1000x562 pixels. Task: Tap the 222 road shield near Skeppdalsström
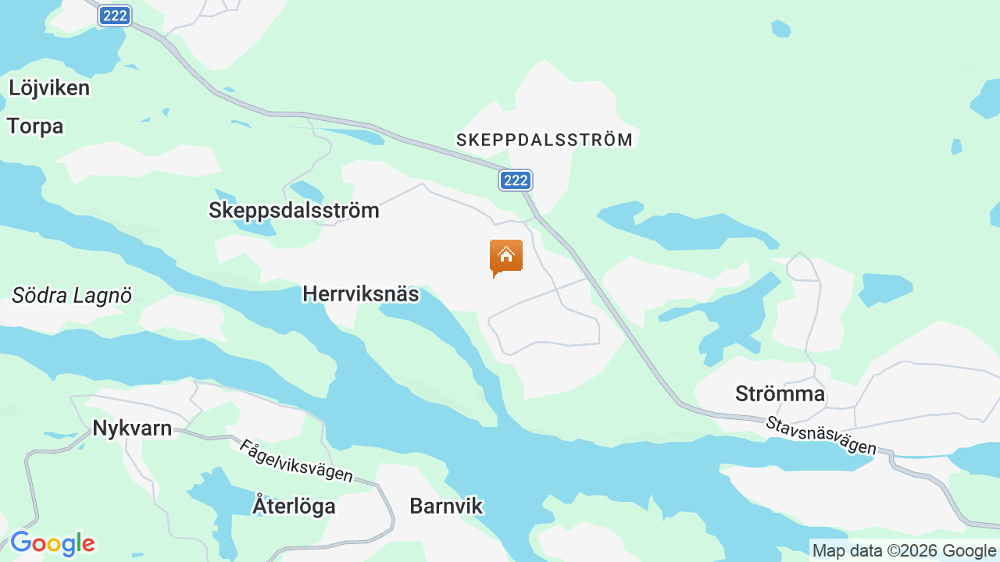pyautogui.click(x=516, y=180)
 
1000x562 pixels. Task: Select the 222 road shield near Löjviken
pyautogui.click(x=115, y=16)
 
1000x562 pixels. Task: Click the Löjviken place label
pyautogui.click(x=49, y=87)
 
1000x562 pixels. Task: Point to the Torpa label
pyautogui.click(x=35, y=126)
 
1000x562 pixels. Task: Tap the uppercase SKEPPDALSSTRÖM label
pyautogui.click(x=545, y=140)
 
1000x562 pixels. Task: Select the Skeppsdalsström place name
pyautogui.click(x=294, y=210)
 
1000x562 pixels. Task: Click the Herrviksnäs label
pyautogui.click(x=360, y=294)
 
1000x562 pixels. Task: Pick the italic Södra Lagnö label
pyautogui.click(x=72, y=295)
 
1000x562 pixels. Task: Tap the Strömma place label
pyautogui.click(x=780, y=393)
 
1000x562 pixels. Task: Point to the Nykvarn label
pyautogui.click(x=132, y=428)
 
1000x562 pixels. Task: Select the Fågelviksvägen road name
pyautogui.click(x=296, y=461)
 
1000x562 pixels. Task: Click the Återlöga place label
pyautogui.click(x=294, y=506)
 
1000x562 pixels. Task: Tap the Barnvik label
pyautogui.click(x=446, y=506)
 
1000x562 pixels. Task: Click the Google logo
pyautogui.click(x=52, y=543)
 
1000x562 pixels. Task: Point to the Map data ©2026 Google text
pyautogui.click(x=904, y=550)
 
